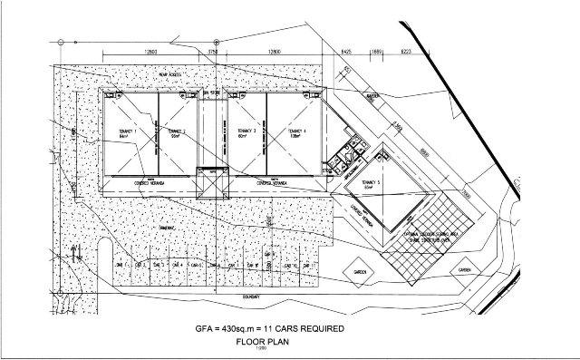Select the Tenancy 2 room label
click(178, 134)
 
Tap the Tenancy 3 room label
click(243, 134)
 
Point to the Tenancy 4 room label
click(295, 134)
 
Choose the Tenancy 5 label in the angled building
click(371, 185)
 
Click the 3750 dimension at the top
click(212, 53)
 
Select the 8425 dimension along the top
click(345, 53)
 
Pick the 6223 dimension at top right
click(407, 53)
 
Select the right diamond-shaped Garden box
click(465, 270)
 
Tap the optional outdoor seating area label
click(430, 233)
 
